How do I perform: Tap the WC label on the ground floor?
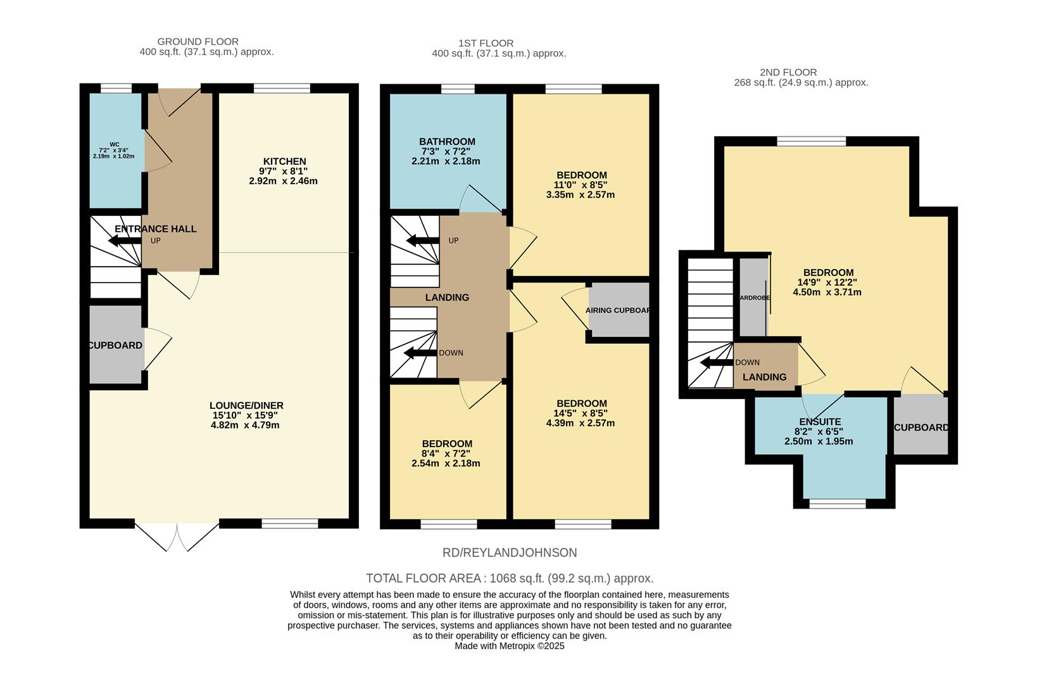click(114, 144)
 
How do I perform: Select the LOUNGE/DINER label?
click(246, 405)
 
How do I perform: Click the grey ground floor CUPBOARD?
click(115, 345)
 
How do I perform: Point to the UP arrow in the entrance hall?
click(124, 241)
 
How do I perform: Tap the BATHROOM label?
click(447, 141)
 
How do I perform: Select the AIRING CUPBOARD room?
click(619, 310)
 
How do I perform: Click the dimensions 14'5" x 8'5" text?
click(581, 414)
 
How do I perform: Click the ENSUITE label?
click(820, 421)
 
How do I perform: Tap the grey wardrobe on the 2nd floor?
click(753, 297)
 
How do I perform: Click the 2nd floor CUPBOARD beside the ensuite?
click(921, 427)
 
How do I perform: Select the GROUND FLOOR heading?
click(198, 42)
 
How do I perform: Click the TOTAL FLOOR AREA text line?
click(510, 578)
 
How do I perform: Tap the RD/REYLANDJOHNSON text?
click(510, 553)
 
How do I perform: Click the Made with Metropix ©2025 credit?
click(510, 647)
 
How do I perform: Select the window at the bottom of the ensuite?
click(838, 504)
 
